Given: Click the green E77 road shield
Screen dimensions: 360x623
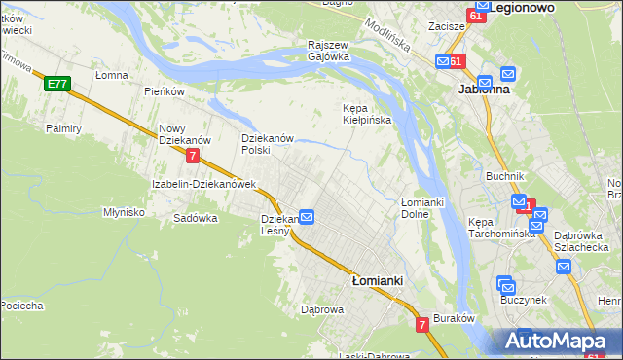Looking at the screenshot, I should [x=55, y=85].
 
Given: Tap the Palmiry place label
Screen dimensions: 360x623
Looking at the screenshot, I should [x=62, y=127].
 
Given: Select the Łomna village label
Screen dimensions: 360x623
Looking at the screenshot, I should [x=113, y=74].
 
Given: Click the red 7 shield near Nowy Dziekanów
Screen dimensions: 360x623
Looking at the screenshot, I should [x=194, y=156].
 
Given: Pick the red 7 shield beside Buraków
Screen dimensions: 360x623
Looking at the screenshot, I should [x=422, y=325].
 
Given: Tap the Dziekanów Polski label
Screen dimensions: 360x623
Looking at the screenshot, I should [x=268, y=144].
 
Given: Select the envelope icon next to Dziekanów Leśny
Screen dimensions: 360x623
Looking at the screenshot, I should [x=306, y=217].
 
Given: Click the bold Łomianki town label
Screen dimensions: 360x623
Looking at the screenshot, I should [x=377, y=280].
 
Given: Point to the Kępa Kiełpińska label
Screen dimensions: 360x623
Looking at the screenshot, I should [x=367, y=114].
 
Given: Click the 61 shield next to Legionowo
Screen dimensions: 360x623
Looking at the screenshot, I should [x=476, y=16].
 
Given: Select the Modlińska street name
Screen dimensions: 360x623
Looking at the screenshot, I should [x=388, y=37].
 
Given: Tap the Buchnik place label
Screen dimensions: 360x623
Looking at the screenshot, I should [x=505, y=176].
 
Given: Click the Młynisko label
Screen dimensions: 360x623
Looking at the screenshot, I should [x=124, y=211].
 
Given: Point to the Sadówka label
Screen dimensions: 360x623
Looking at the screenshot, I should [x=195, y=218].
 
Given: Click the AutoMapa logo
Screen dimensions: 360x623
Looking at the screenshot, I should [x=557, y=342].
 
